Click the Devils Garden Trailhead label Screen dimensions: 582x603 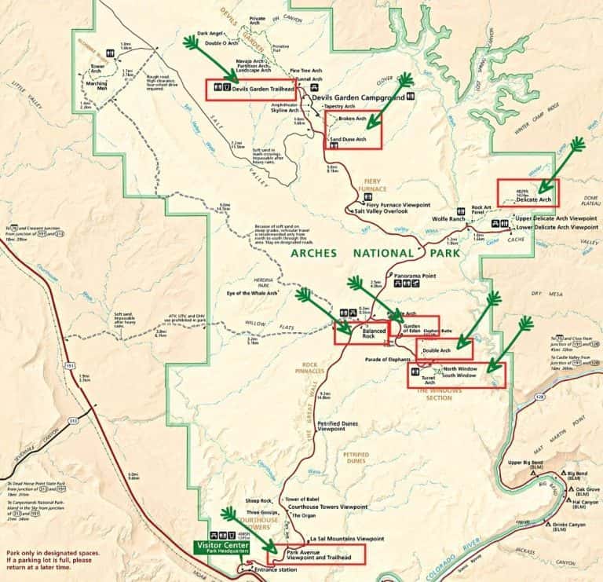[x=262, y=89]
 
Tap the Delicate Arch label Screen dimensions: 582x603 [x=533, y=200]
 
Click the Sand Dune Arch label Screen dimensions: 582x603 [x=348, y=139]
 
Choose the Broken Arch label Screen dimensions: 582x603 [x=352, y=119]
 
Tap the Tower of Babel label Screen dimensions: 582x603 [x=303, y=500]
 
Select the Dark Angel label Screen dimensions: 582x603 [x=210, y=33]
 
